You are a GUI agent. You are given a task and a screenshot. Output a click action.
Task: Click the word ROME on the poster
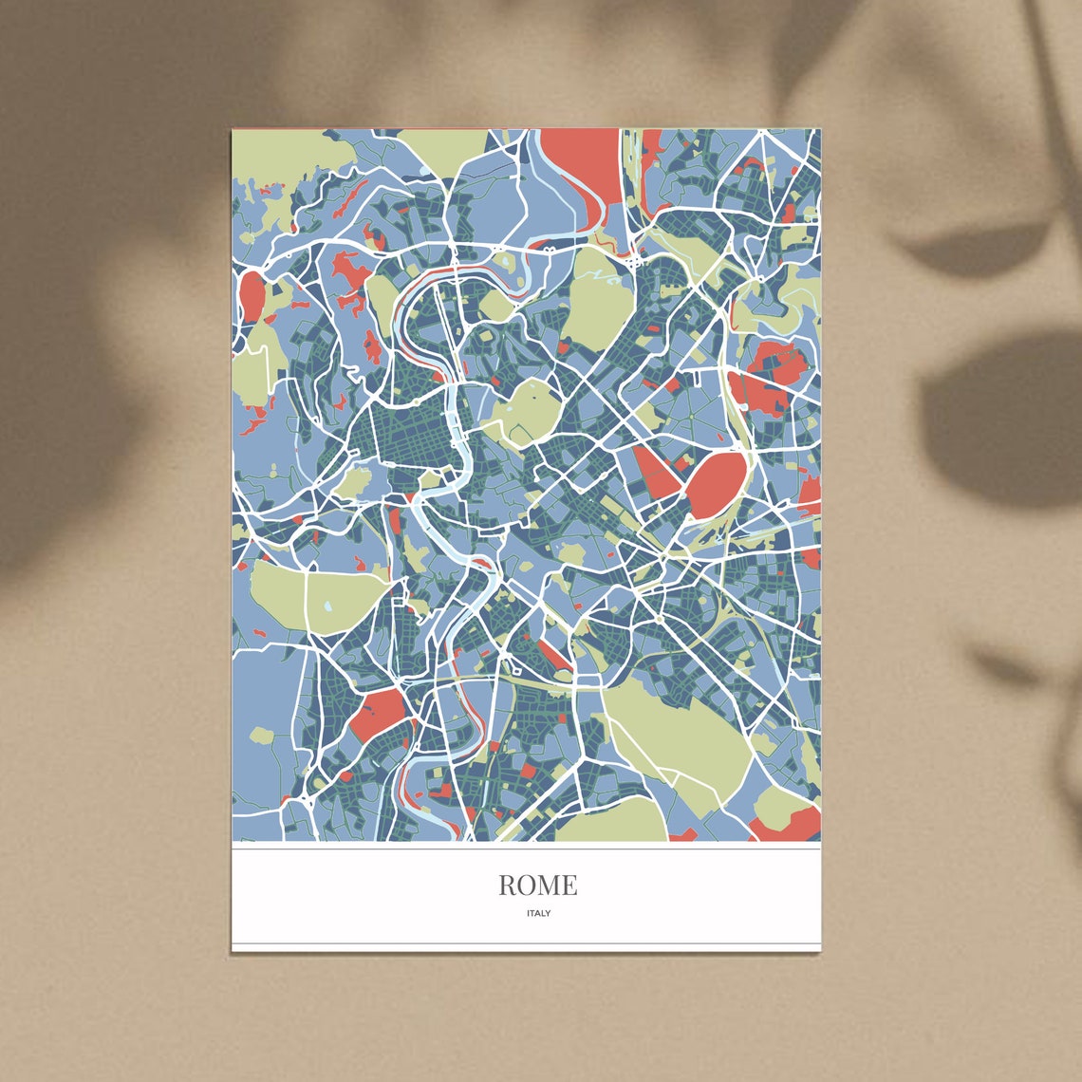[x=537, y=885]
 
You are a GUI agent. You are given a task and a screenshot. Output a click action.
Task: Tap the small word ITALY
[x=538, y=913]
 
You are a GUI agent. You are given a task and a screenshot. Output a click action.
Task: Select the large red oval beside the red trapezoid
[x=717, y=483]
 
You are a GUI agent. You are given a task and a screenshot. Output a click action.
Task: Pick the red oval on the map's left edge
[x=252, y=295]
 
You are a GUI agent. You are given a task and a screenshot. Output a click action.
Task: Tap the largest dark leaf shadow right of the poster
[x=997, y=418]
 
